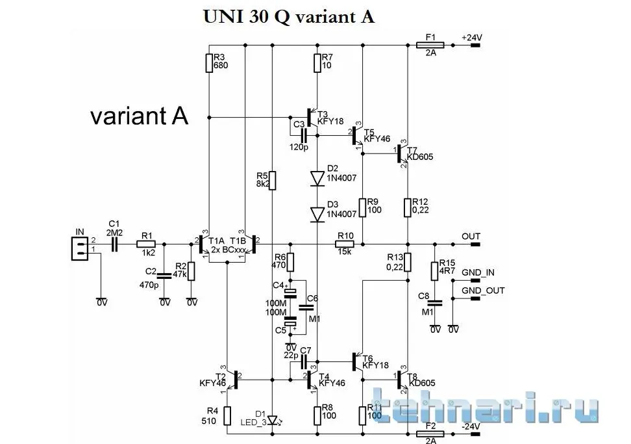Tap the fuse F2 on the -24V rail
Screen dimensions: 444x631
click(x=429, y=434)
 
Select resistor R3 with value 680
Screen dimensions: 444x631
click(x=209, y=63)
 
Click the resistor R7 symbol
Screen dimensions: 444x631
click(x=317, y=63)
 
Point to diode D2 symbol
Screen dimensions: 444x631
click(x=317, y=178)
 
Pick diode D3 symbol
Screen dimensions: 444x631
click(x=317, y=214)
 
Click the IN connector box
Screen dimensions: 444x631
click(x=80, y=246)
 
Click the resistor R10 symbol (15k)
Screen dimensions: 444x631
click(x=344, y=244)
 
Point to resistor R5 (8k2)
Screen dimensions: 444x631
click(x=273, y=181)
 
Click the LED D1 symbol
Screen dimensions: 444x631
click(x=273, y=419)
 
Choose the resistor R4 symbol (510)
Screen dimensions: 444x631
click(x=227, y=415)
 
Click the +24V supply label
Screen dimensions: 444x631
click(x=471, y=37)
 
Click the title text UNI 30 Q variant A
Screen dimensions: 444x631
click(x=289, y=16)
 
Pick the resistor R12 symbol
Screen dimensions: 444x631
click(x=407, y=207)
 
